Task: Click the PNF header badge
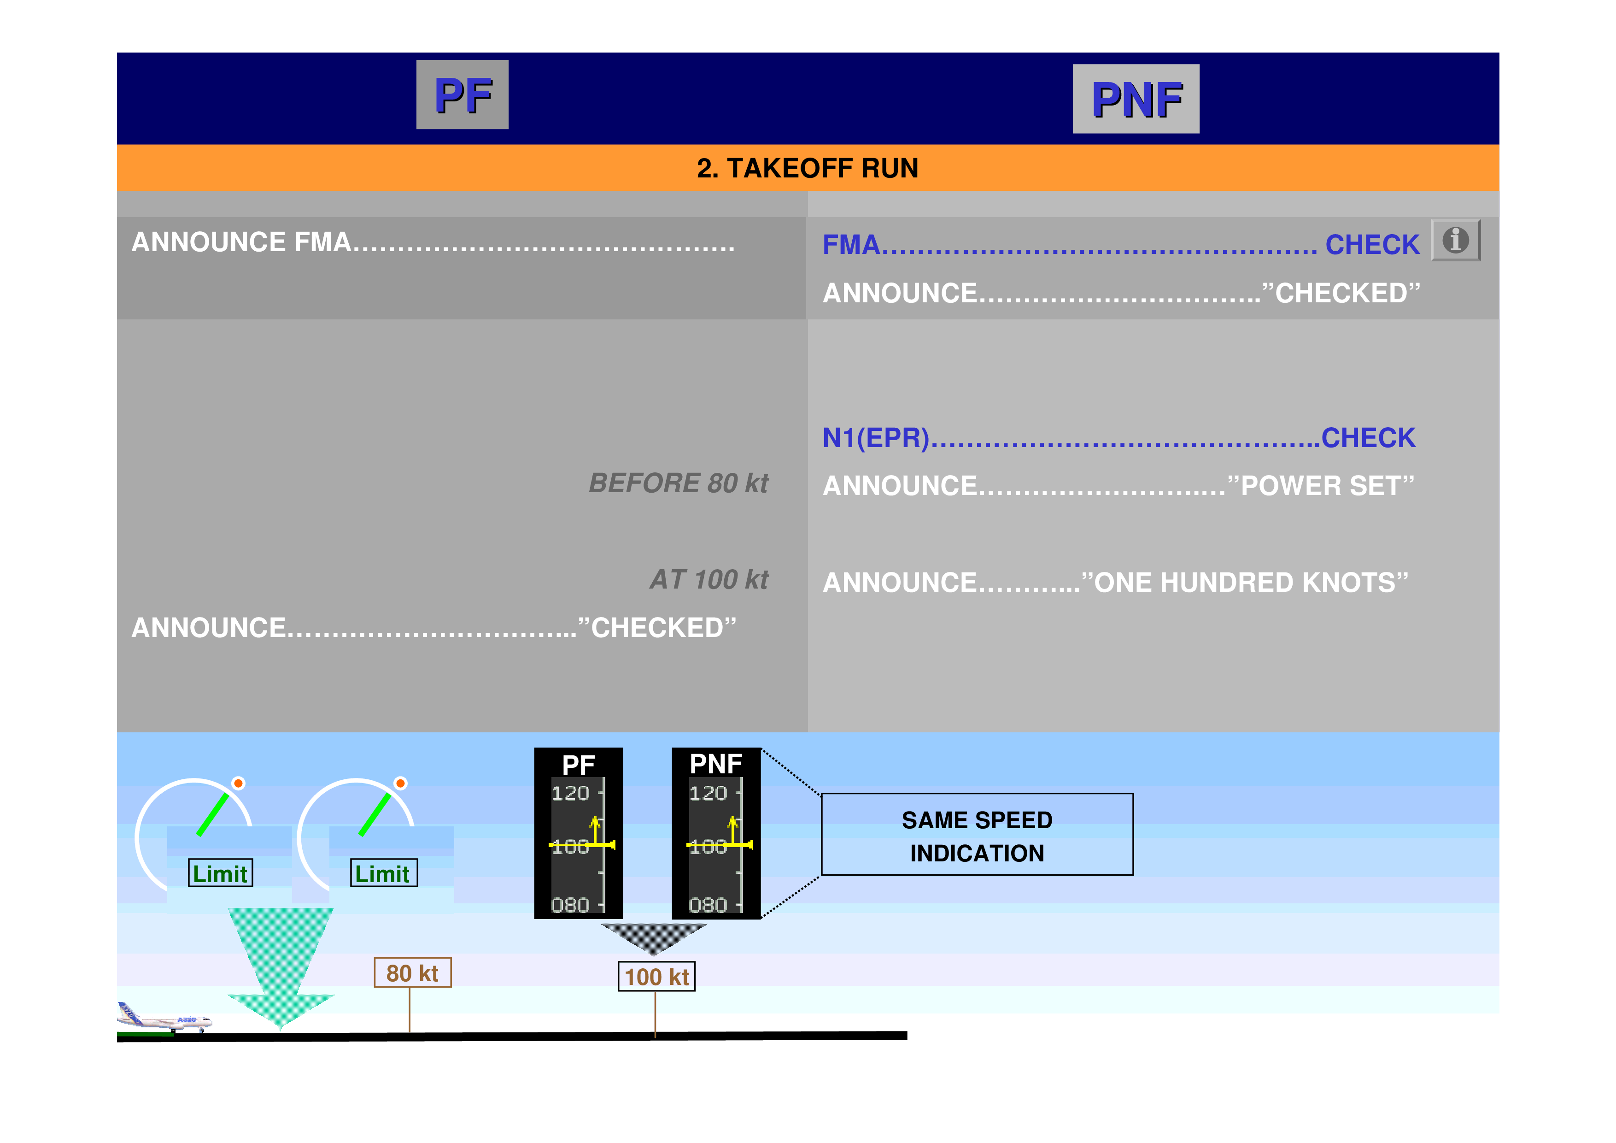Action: coord(1135,99)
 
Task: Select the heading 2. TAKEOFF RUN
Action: coord(807,168)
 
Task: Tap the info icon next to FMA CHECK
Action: coord(1455,240)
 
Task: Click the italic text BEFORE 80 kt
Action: coord(678,483)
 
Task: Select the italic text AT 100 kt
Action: coord(709,580)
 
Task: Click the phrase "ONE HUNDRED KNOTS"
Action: coord(1244,583)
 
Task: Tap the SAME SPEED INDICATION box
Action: coord(977,835)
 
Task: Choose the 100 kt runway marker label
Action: coord(656,977)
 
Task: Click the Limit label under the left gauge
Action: coord(220,873)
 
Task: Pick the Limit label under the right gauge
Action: coord(384,873)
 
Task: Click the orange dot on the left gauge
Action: coord(239,783)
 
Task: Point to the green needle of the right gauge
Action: coord(375,814)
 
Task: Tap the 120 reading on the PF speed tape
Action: coord(570,794)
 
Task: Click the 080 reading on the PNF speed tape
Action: coord(708,905)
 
